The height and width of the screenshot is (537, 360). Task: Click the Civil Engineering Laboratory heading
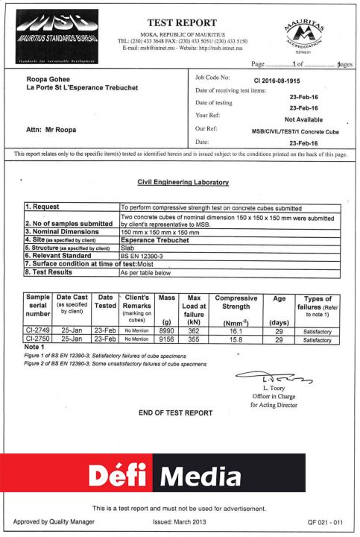[183, 182]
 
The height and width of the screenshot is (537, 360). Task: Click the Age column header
[280, 299]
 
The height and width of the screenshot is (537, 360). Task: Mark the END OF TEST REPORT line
[175, 412]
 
